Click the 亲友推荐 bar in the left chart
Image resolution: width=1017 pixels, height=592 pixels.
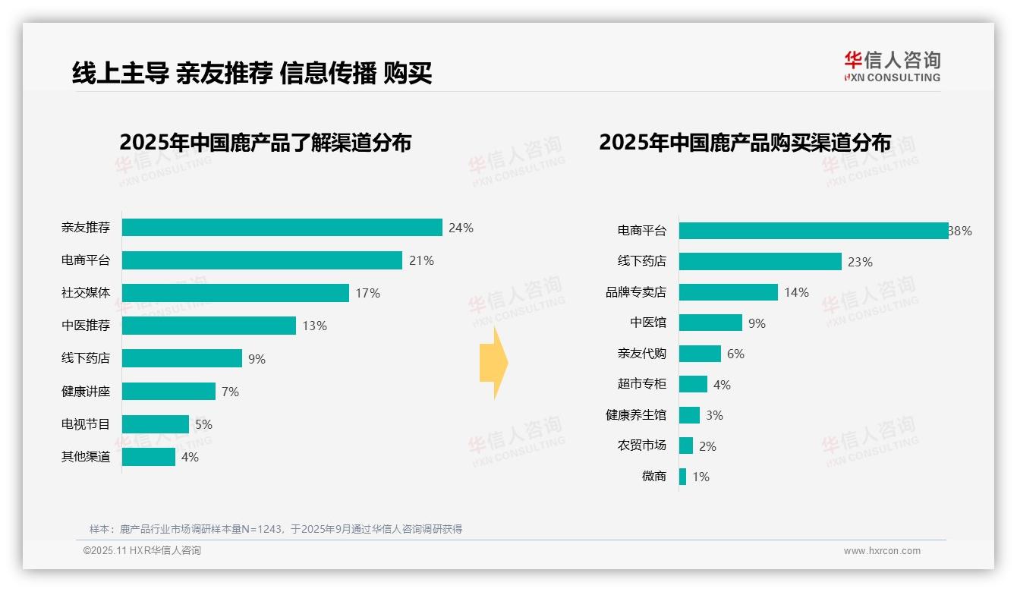click(282, 228)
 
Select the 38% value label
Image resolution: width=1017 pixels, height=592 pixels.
click(961, 231)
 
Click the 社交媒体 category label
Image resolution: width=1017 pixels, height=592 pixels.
click(86, 293)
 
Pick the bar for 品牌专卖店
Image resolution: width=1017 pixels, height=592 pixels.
click(728, 292)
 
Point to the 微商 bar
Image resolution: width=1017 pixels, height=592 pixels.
click(682, 477)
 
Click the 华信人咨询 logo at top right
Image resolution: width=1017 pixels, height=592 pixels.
click(892, 66)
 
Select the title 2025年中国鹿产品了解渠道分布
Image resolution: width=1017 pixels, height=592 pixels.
click(265, 142)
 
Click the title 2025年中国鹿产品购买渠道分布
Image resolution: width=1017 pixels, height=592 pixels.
click(745, 142)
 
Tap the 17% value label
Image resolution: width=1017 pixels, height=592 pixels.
click(368, 293)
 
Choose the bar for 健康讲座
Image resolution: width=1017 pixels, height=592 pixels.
click(168, 392)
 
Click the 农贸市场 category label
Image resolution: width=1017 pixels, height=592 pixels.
click(641, 446)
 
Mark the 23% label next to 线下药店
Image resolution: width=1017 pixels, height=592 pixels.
click(860, 262)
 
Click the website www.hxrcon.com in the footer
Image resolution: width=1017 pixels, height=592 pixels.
click(882, 551)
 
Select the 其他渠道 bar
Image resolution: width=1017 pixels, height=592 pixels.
click(148, 457)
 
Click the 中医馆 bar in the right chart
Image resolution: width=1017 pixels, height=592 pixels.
click(710, 323)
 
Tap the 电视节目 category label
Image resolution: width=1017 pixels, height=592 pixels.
click(86, 424)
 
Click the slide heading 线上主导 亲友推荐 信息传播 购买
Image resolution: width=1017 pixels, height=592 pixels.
click(252, 74)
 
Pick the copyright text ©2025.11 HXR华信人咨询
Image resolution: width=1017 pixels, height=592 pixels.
click(142, 551)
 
